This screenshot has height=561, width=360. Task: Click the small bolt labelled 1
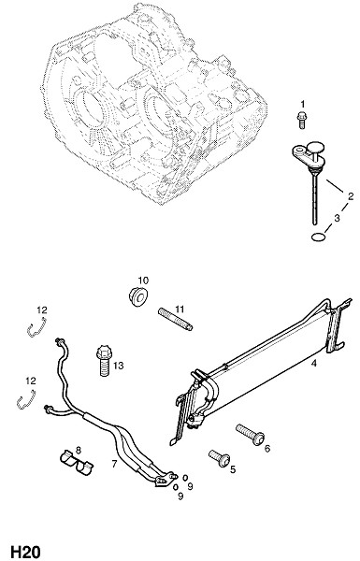pos(301,120)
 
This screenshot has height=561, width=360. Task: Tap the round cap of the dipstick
pos(316,147)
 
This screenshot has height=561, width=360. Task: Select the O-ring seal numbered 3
pos(318,237)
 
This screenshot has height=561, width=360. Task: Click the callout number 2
pos(351,196)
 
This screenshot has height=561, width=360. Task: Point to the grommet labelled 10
pos(138,297)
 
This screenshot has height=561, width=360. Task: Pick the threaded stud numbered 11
pos(176,320)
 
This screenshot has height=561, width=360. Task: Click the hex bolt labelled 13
pos(105,360)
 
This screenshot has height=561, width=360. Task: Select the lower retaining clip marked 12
pos(26,399)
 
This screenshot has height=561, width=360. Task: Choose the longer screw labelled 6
pos(251,435)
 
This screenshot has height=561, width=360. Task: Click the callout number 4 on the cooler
pos(314,364)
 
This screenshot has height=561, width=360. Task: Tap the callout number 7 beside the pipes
pos(114,464)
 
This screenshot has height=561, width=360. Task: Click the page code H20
pos(25,552)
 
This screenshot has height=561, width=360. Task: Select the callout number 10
pos(143,280)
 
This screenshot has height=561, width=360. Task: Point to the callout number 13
pos(118,366)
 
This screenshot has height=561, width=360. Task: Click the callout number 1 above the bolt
pos(303,104)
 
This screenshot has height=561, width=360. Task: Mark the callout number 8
pos(78,450)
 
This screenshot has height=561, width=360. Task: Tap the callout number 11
pos(180,309)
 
